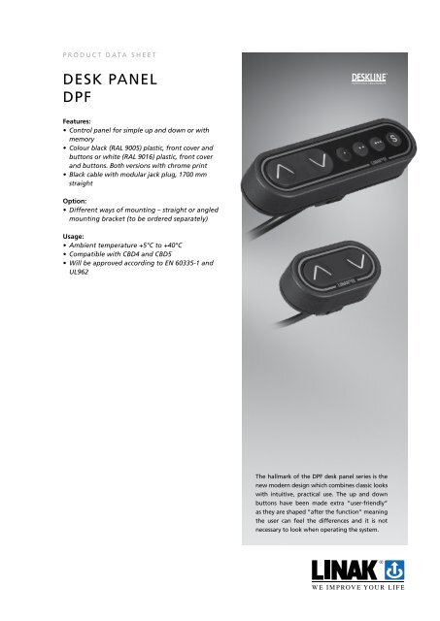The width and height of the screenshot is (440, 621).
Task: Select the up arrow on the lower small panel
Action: coord(320,269)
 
